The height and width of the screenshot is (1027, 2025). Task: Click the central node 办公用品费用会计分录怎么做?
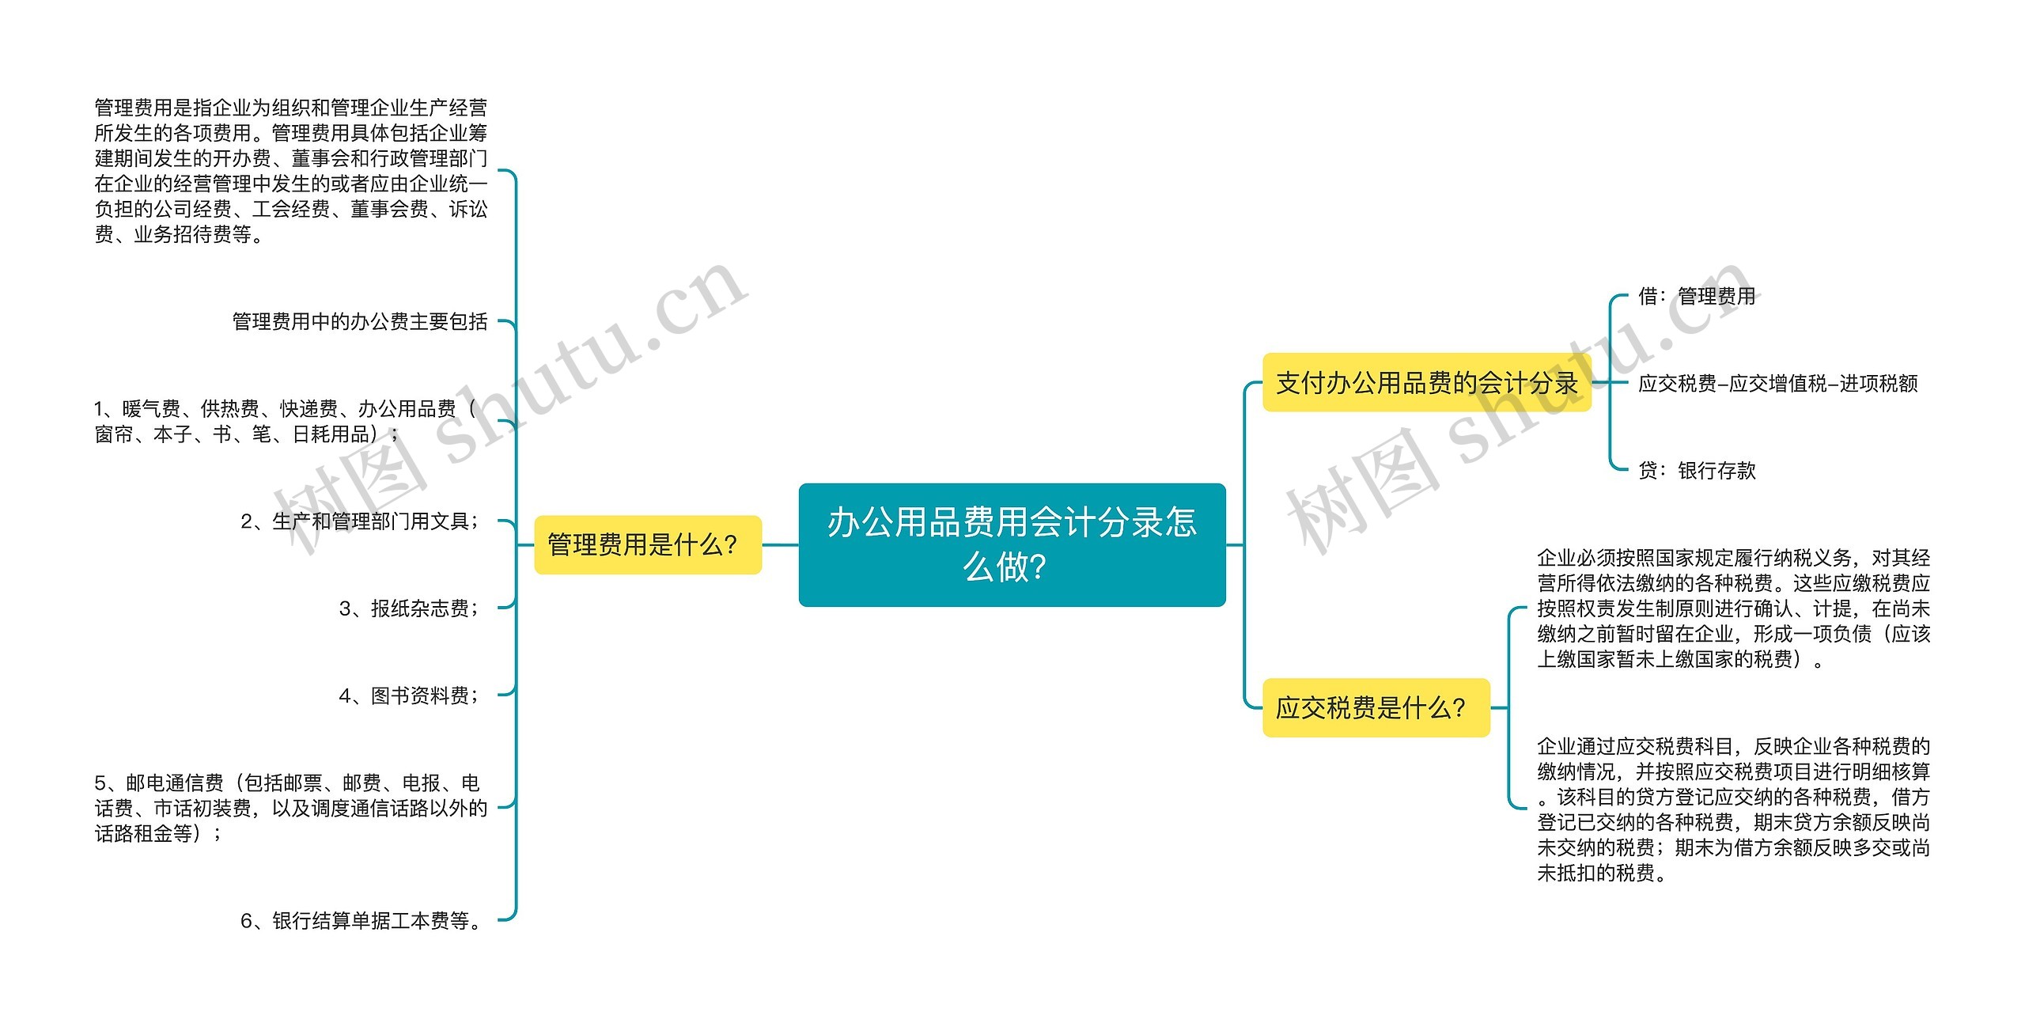1012,544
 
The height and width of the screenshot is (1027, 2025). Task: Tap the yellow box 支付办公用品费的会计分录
1426,383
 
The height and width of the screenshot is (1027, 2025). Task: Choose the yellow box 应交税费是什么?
1376,707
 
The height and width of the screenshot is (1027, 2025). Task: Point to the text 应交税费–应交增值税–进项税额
1777,384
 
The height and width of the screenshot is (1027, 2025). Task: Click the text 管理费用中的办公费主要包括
360,321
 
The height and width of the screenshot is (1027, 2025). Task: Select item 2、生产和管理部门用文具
360,521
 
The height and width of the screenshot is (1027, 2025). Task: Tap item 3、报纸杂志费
409,608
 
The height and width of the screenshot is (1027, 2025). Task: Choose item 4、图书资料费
409,695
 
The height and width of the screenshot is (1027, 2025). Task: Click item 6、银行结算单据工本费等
361,920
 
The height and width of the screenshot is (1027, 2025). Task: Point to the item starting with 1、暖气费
285,421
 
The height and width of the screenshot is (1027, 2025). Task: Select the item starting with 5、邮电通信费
290,808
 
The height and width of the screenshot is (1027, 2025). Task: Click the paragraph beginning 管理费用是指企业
290,171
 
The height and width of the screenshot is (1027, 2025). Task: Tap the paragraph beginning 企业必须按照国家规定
1733,608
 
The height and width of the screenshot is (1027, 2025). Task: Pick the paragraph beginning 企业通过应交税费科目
1733,809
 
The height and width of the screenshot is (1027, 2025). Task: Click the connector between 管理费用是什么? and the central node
780,545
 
